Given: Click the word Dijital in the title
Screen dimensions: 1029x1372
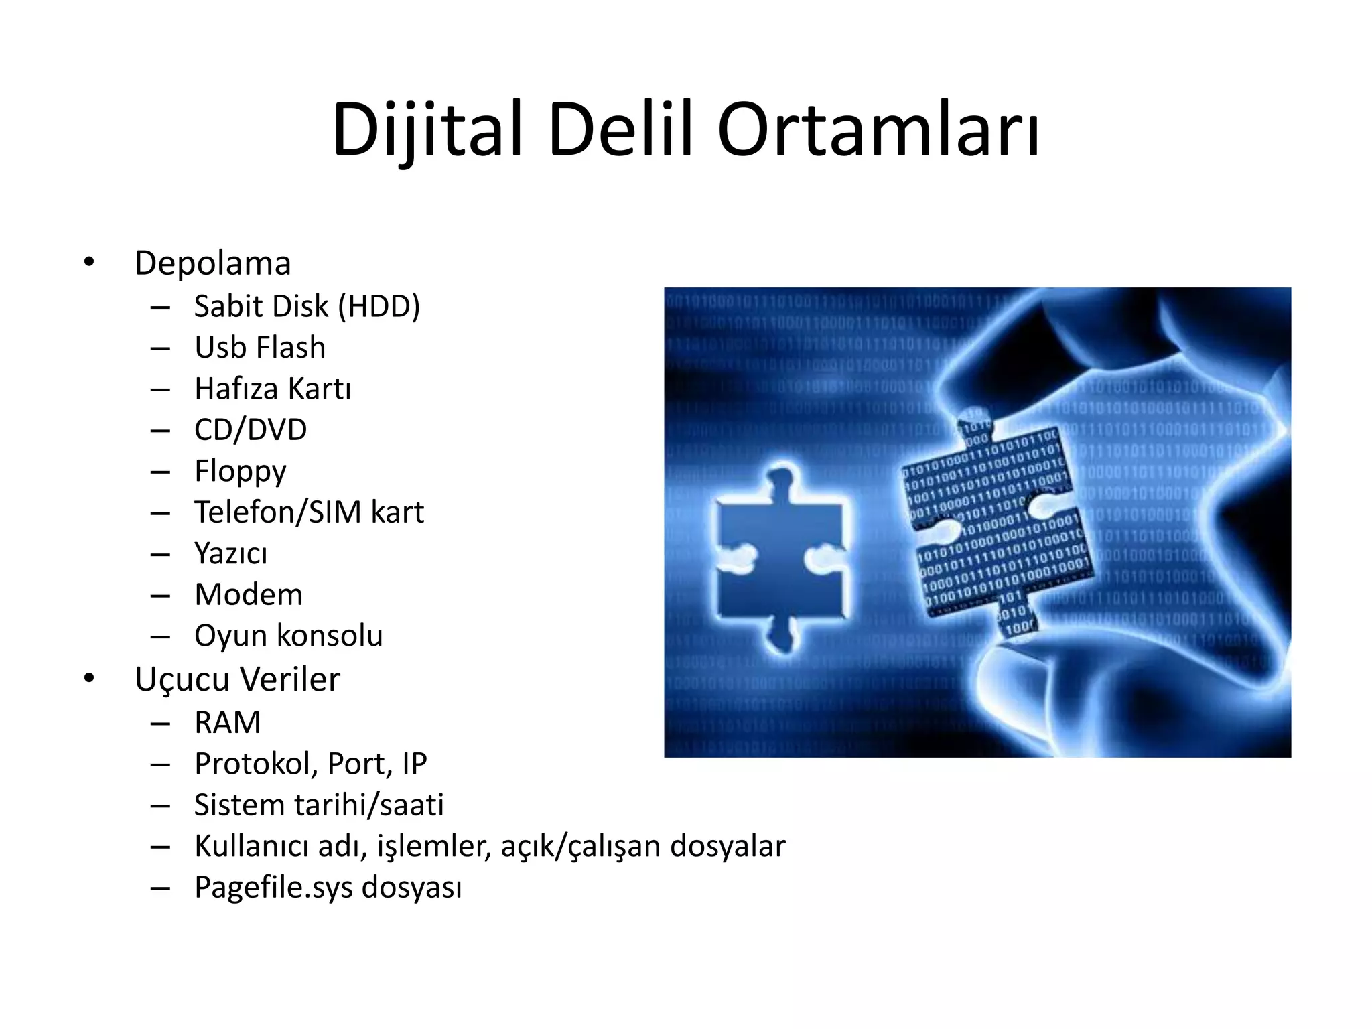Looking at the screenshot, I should coord(427,129).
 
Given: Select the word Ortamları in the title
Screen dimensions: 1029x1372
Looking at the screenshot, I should coord(878,129).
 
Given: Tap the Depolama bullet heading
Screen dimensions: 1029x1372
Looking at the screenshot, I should coord(212,263).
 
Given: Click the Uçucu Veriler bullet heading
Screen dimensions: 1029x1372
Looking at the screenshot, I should coord(237,679).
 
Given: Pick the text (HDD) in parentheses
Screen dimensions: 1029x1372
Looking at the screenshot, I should coord(379,306).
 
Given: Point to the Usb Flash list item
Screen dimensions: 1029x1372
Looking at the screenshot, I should coord(260,348).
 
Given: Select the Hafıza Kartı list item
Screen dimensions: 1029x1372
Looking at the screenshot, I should coord(273,389).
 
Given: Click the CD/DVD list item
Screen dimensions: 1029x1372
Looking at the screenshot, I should coord(251,430).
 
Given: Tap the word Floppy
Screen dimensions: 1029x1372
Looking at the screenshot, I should coord(241,472).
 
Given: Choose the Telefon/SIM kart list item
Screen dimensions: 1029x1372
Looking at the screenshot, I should coord(309,512).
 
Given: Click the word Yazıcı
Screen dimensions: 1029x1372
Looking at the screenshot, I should coord(230,554).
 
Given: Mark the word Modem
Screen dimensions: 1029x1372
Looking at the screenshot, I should coord(249,595).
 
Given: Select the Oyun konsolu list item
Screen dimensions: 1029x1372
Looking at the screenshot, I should coord(288,636).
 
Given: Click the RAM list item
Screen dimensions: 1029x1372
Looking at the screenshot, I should coord(227,723).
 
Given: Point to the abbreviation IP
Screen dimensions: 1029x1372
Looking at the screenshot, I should coord(415,764).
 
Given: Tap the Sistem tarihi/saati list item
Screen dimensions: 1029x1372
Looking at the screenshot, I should coord(319,805).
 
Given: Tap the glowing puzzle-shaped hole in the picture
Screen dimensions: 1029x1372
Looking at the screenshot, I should coord(780,556).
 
